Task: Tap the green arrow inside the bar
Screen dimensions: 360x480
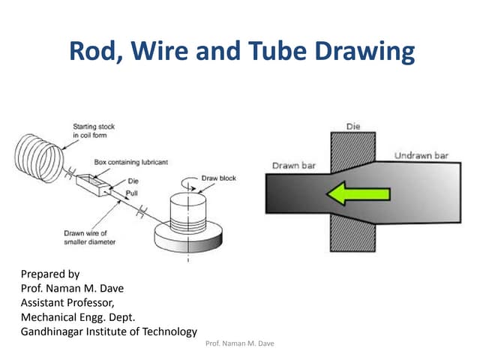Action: [358, 195]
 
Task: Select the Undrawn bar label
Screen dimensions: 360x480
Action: [421, 155]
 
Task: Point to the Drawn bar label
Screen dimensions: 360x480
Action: [294, 165]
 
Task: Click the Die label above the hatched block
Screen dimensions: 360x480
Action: [353, 125]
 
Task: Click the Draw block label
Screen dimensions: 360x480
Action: [218, 178]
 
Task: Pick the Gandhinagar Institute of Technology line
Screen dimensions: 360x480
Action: [109, 331]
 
